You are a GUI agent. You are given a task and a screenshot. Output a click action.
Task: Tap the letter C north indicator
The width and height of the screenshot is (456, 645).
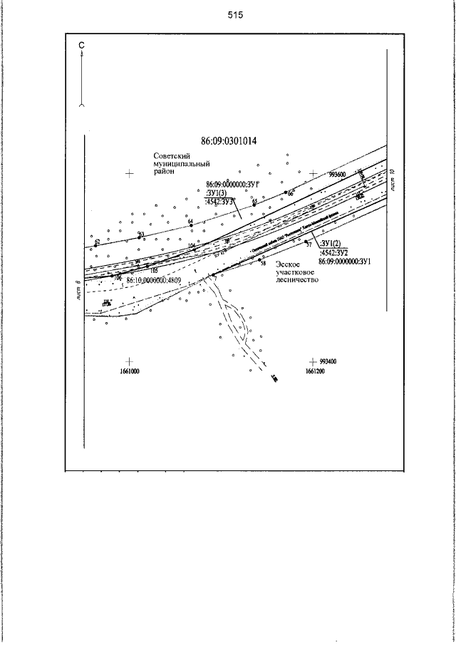coord(81,45)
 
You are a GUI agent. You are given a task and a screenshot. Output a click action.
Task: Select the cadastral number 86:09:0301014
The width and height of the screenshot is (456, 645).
coord(228,141)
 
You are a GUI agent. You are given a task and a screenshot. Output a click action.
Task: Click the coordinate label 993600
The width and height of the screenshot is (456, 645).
coord(336,175)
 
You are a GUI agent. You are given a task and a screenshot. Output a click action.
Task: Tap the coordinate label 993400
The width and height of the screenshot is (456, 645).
coord(328,361)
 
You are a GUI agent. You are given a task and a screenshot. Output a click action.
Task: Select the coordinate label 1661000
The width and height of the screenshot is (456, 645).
coord(128,371)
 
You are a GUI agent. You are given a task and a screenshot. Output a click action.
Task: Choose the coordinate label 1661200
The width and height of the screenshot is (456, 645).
coord(314,371)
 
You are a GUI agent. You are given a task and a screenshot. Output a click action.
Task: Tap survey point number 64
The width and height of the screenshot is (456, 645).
coord(190,222)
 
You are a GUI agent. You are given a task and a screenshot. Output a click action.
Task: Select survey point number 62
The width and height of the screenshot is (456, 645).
coord(97,242)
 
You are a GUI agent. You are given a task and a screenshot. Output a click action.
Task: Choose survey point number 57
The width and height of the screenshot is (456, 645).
coord(309,244)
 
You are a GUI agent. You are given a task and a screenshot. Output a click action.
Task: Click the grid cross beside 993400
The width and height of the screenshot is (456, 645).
coord(313,361)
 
